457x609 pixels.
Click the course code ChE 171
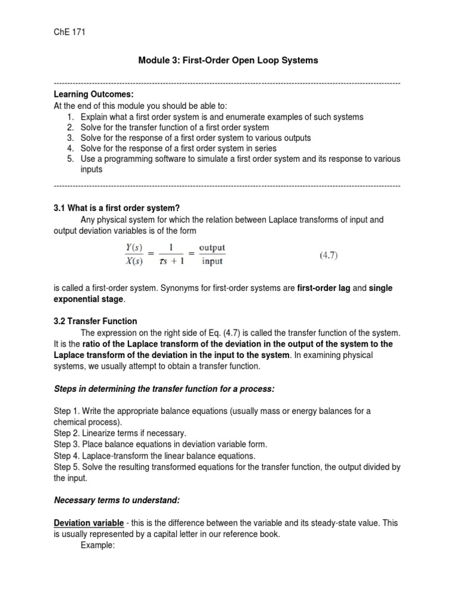(x=69, y=33)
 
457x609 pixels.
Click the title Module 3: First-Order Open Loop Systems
(x=228, y=60)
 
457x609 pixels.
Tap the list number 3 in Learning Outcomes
(x=70, y=137)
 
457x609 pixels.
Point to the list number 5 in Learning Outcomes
(x=70, y=159)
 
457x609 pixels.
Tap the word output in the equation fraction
(x=212, y=247)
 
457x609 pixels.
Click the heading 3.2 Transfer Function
(x=95, y=321)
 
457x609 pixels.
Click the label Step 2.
(x=65, y=433)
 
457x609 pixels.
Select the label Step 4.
(x=65, y=456)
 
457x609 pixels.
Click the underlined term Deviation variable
(x=89, y=523)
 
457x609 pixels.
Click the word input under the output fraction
(x=212, y=260)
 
